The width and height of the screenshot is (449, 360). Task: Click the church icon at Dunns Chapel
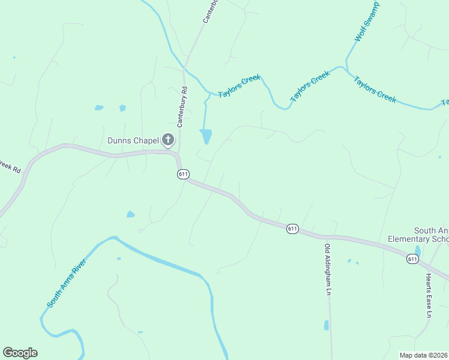(168, 140)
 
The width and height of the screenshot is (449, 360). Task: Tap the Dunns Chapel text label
(133, 140)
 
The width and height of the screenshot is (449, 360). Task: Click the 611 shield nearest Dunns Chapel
(184, 174)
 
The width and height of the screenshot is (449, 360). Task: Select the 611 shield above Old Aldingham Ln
(292, 229)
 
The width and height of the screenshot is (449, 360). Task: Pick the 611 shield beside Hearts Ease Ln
(412, 259)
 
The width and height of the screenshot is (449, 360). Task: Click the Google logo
(20, 353)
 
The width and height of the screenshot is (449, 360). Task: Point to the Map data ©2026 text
(424, 355)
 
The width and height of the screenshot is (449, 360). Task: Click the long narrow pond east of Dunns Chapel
(206, 136)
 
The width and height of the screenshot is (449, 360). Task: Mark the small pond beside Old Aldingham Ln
(327, 325)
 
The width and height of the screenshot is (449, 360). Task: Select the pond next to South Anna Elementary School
(418, 251)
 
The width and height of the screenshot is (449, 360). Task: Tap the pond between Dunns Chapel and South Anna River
(130, 214)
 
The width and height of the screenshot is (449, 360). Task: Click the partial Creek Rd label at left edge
(10, 166)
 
